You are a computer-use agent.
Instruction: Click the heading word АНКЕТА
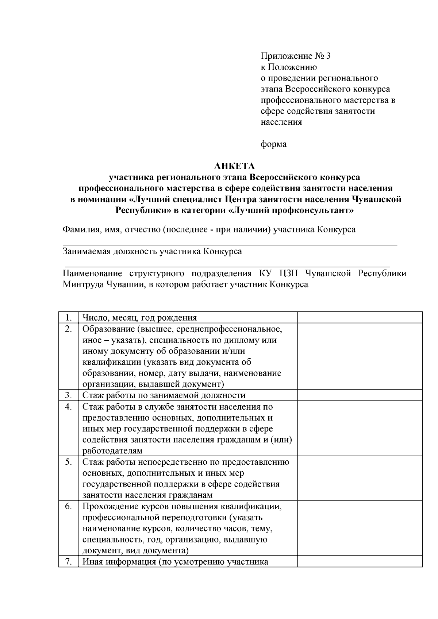[x=234, y=166]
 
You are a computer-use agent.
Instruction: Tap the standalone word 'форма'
[x=273, y=144]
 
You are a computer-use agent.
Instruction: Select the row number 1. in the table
[x=68, y=317]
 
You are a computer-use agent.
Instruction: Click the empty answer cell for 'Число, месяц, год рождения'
[x=359, y=317]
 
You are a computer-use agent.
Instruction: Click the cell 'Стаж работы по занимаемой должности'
[x=164, y=395]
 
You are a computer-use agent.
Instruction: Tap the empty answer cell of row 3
[x=359, y=395]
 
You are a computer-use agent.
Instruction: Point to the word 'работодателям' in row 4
[x=112, y=451]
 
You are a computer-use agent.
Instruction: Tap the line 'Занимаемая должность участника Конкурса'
[x=152, y=252]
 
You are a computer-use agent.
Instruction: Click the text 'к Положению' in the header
[x=289, y=67]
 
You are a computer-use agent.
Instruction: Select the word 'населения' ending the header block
[x=281, y=122]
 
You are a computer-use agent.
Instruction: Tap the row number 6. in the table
[x=68, y=507]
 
